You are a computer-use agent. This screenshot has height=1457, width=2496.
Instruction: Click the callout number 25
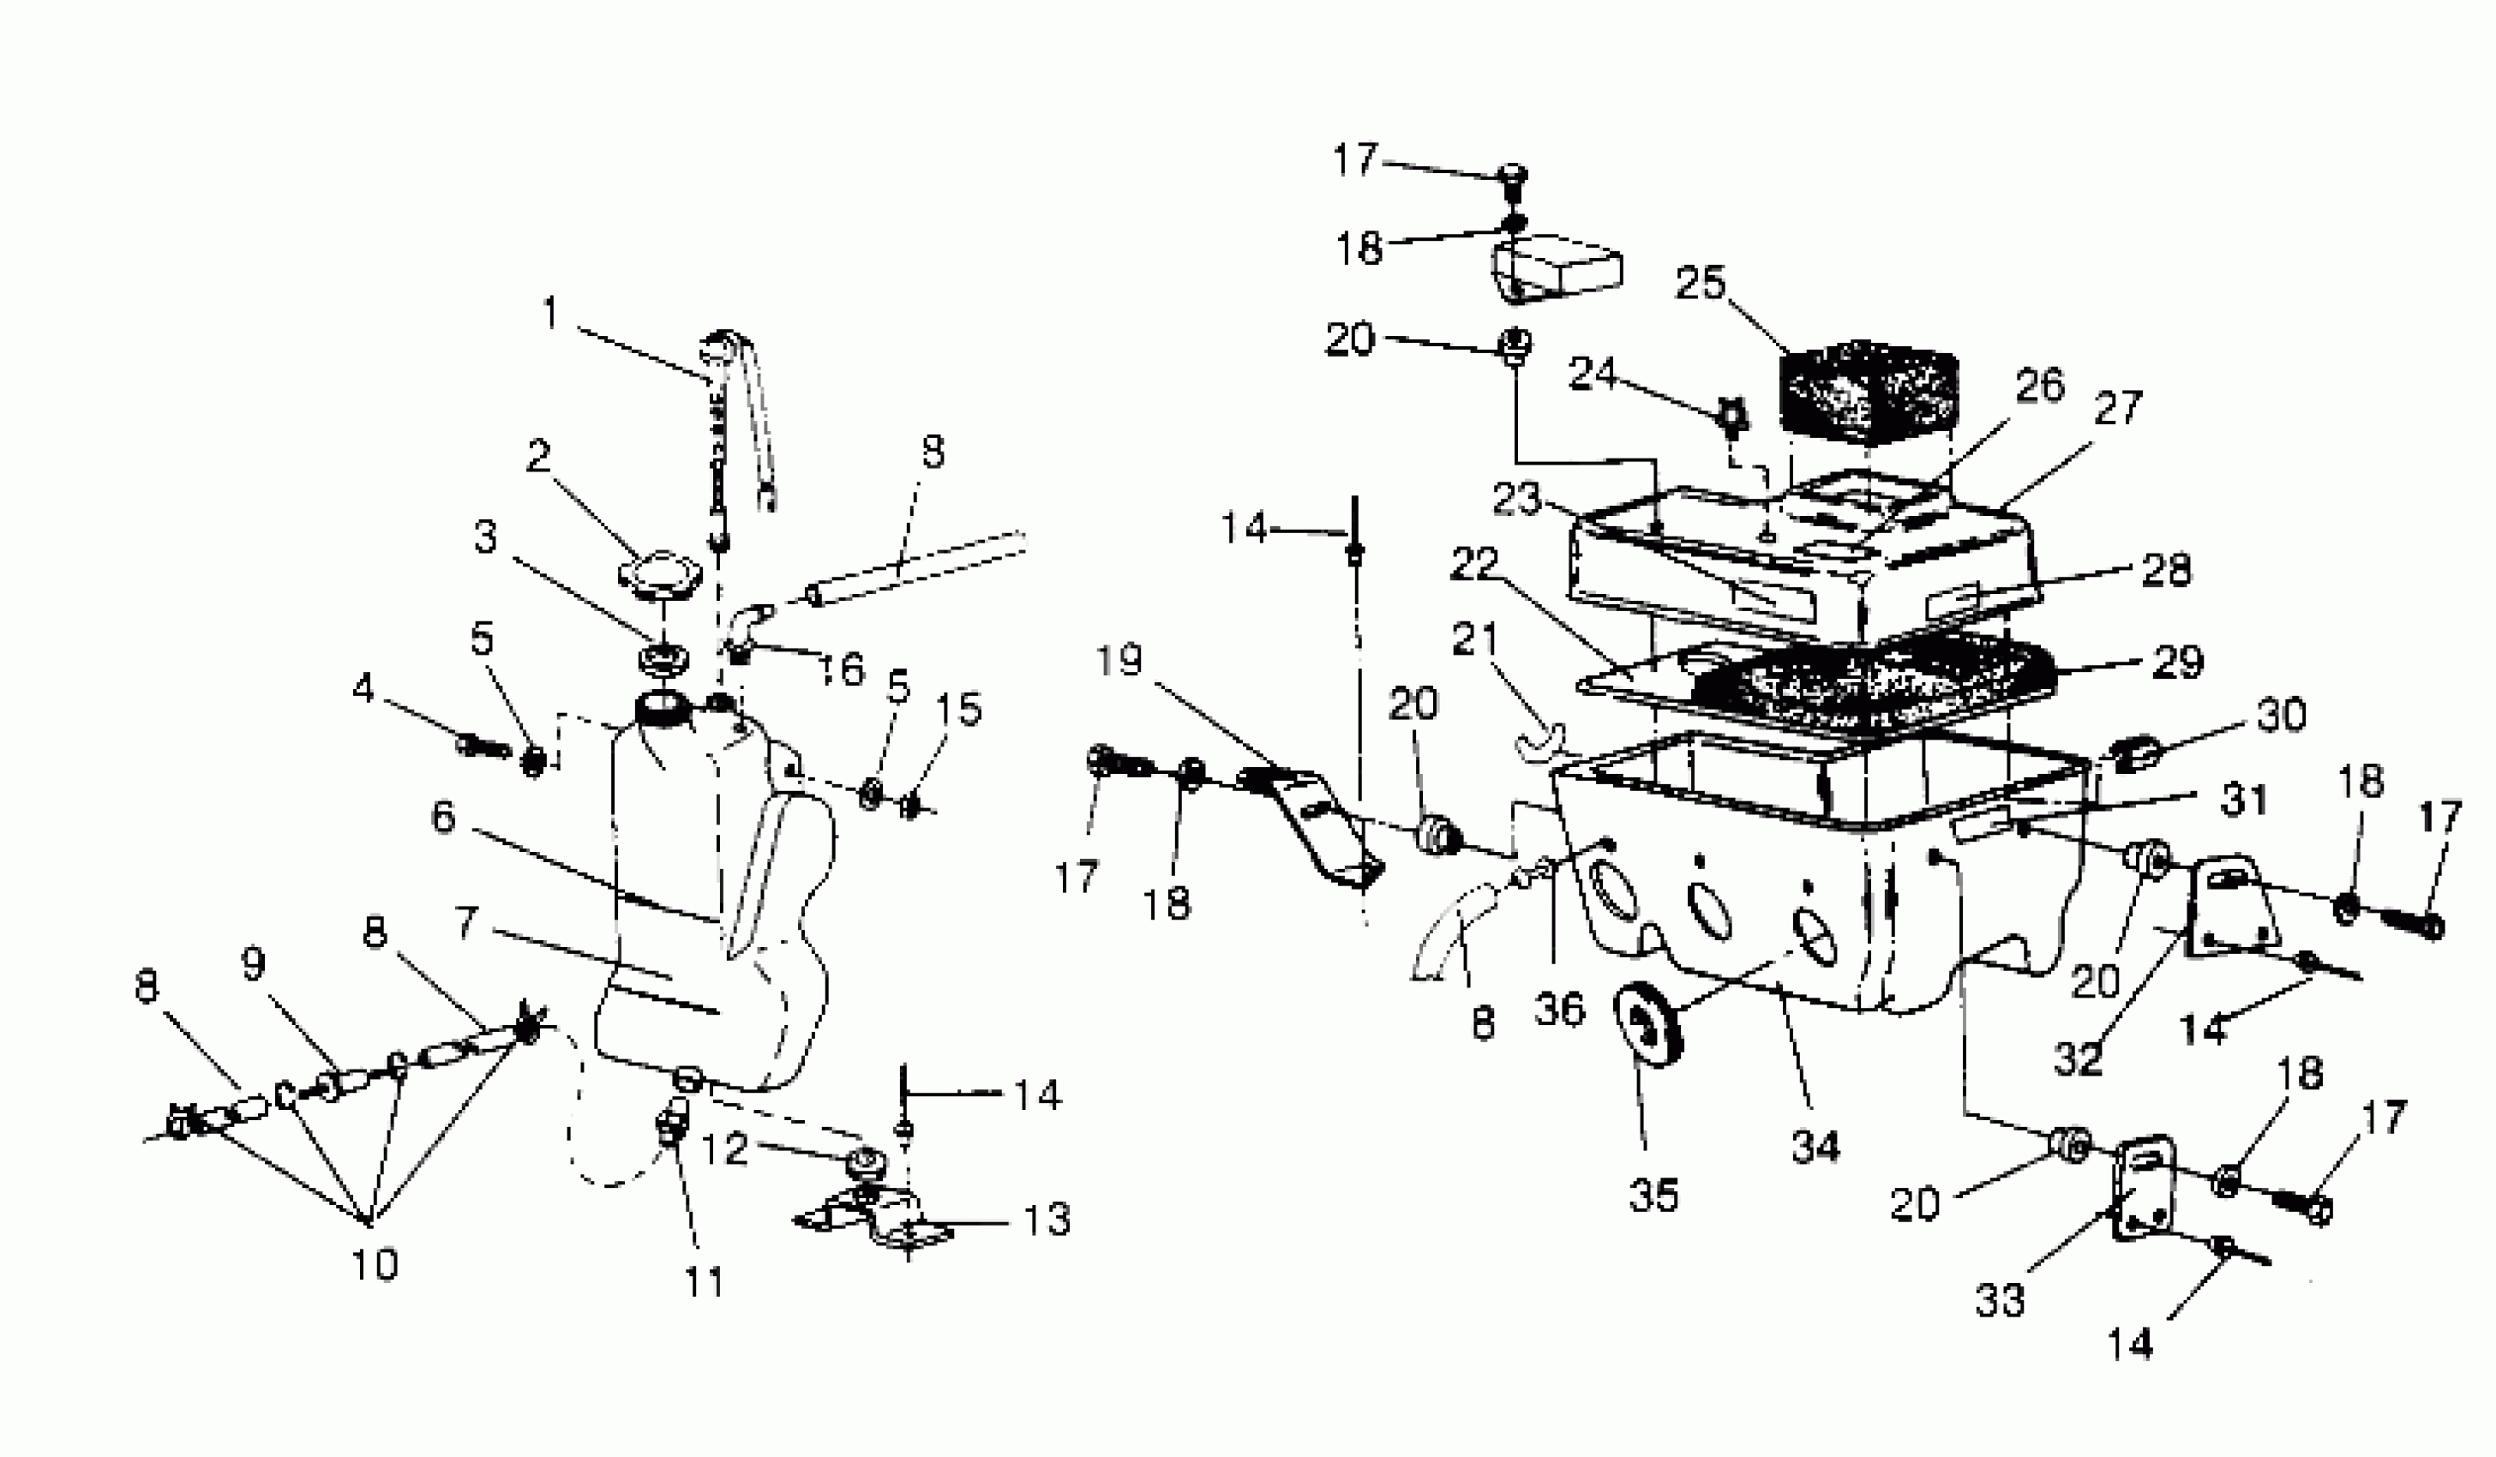(1700, 284)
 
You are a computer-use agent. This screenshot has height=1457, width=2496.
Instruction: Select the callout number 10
(375, 1264)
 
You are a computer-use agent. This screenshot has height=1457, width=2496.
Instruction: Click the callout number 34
(1815, 1146)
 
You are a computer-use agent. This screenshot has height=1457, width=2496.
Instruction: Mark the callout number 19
(1119, 660)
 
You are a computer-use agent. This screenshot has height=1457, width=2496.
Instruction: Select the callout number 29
(2177, 663)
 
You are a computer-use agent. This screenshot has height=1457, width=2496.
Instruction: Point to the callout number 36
(1560, 1010)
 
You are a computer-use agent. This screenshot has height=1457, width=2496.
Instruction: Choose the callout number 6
(443, 817)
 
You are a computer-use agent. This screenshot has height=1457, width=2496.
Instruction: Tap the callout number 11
(705, 1281)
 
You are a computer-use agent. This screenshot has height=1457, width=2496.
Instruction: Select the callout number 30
(2280, 714)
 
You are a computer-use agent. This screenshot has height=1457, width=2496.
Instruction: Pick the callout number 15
(957, 709)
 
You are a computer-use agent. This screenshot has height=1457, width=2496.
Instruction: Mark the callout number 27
(2118, 407)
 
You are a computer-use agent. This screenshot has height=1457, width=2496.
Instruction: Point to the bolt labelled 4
(482, 743)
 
